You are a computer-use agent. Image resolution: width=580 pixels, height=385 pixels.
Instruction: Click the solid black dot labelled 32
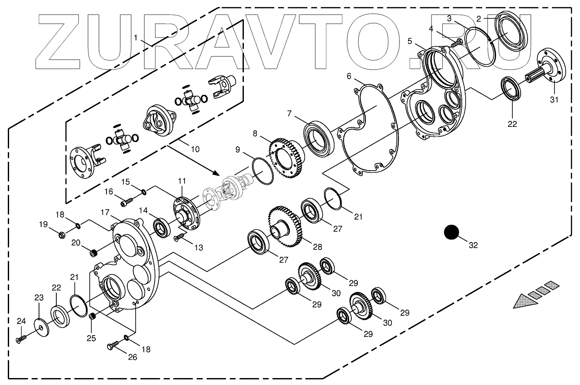(451, 233)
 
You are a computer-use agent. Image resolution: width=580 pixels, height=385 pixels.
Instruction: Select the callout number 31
(555, 100)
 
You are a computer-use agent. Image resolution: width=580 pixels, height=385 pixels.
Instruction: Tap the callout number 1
(136, 38)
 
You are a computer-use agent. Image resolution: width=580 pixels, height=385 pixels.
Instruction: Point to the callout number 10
(195, 149)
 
